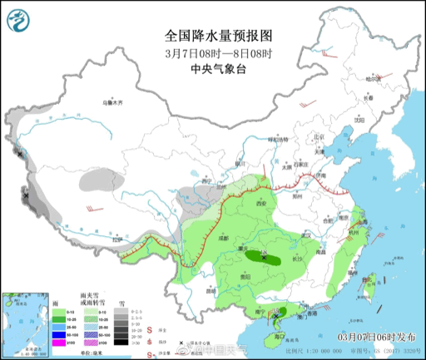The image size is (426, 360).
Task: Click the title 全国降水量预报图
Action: pos(219,36)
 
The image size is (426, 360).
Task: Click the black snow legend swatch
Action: pos(121,342)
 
